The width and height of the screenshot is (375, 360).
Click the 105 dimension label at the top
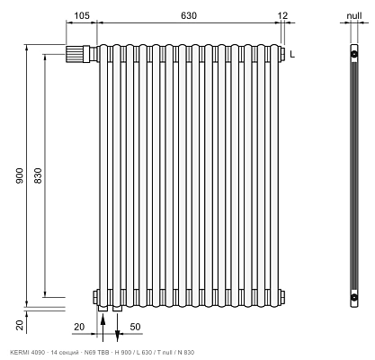[x=82, y=15]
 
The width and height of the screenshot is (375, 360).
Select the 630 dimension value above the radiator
[x=189, y=15]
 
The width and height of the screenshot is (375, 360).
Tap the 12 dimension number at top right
[x=282, y=15]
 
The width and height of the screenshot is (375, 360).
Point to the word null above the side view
[x=354, y=15]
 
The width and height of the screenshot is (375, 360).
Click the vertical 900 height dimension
[x=20, y=175]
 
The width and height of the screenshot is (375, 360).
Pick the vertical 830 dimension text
[x=38, y=175]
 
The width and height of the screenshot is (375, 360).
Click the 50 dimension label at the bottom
[x=135, y=327]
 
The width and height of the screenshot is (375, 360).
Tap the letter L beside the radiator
[x=292, y=54]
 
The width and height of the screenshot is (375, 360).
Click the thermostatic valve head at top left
[x=74, y=54]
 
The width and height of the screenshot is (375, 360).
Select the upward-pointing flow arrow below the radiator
[x=103, y=328]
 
